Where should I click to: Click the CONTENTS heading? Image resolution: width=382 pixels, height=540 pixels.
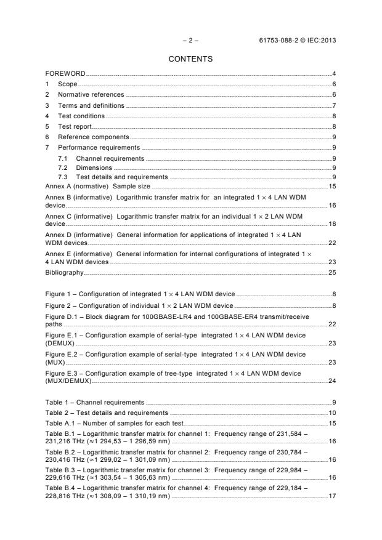190,59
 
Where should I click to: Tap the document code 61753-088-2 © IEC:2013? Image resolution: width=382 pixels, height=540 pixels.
298,41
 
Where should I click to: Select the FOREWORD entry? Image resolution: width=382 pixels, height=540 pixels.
66,74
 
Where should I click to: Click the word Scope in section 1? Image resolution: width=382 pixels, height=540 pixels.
68,84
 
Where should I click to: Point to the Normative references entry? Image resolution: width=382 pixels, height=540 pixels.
91,95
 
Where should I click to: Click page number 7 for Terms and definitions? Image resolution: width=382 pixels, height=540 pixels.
333,105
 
